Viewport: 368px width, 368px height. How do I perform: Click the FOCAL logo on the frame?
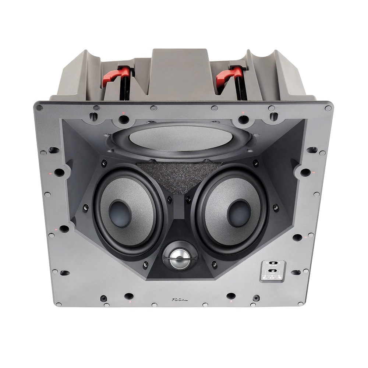pyautogui.click(x=180, y=300)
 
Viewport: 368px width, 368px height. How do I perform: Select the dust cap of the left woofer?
pyautogui.click(x=120, y=213)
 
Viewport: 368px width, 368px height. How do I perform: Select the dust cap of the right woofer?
pyautogui.click(x=239, y=212)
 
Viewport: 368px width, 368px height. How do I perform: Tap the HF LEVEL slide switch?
pyautogui.click(x=273, y=263)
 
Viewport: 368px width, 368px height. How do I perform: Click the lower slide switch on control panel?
pyautogui.click(x=273, y=271)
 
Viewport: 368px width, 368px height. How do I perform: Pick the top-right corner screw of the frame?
pyautogui.click(x=328, y=108)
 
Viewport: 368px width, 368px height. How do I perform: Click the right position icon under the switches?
pyautogui.click(x=279, y=277)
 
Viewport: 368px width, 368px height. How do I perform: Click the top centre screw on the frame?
pyautogui.click(x=153, y=108)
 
